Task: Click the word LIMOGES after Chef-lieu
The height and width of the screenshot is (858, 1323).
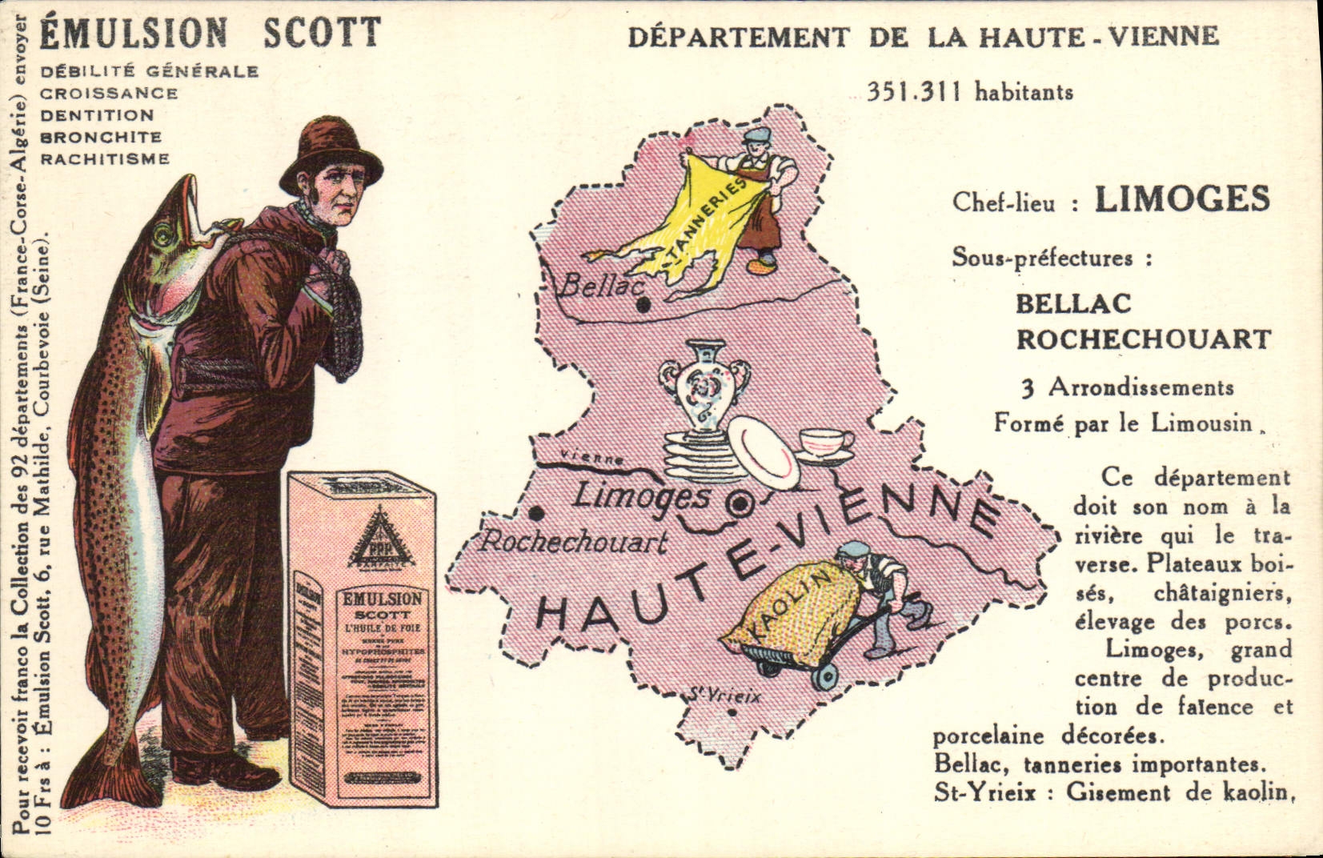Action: coord(1181,199)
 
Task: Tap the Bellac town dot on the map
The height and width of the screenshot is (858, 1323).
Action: coord(643,305)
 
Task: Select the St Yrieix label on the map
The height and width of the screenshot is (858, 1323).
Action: coord(724,696)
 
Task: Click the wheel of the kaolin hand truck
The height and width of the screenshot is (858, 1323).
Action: coord(824,676)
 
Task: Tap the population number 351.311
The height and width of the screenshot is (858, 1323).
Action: coord(917,92)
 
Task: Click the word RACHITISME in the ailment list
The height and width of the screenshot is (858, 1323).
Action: coord(105,158)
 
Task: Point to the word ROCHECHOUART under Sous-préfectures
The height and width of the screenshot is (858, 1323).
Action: coord(1143,339)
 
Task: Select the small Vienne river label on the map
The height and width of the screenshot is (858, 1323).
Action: coord(593,459)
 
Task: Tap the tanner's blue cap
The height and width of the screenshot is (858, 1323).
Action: coord(756,134)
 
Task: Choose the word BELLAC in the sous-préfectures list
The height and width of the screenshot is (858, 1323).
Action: coord(1073,303)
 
